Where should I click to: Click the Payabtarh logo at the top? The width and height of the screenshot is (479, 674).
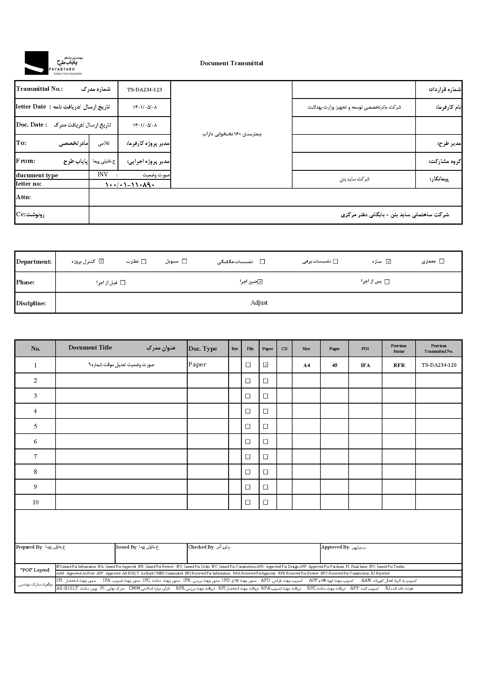coord(53,63)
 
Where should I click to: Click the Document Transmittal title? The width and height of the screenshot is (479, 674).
coord(231,63)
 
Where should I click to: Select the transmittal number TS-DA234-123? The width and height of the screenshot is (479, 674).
coord(144,90)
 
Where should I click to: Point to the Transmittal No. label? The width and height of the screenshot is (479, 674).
coord(39,89)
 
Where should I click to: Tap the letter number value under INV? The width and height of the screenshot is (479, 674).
coord(130,185)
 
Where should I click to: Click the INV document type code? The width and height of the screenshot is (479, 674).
coord(103,175)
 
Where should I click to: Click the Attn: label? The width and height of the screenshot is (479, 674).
coord(23,197)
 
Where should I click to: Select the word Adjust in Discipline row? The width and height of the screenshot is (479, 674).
coord(259,303)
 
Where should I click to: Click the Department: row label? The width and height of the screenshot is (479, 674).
coord(34,262)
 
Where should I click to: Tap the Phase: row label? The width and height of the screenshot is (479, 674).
coord(25,282)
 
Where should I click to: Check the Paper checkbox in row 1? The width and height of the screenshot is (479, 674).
coord(265,365)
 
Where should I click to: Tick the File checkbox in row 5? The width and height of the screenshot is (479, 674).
coord(248,426)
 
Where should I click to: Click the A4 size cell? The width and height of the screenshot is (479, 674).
coord(306,365)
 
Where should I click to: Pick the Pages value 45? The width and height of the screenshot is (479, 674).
coord(334,365)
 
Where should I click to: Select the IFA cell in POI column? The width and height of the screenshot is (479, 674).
coord(365,365)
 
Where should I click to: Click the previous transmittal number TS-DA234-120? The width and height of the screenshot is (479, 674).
coord(439,365)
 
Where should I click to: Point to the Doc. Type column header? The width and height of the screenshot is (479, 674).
coord(203,349)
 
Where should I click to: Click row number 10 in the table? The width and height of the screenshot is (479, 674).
coord(36,502)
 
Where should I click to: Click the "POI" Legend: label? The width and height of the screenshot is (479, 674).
coord(35,570)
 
